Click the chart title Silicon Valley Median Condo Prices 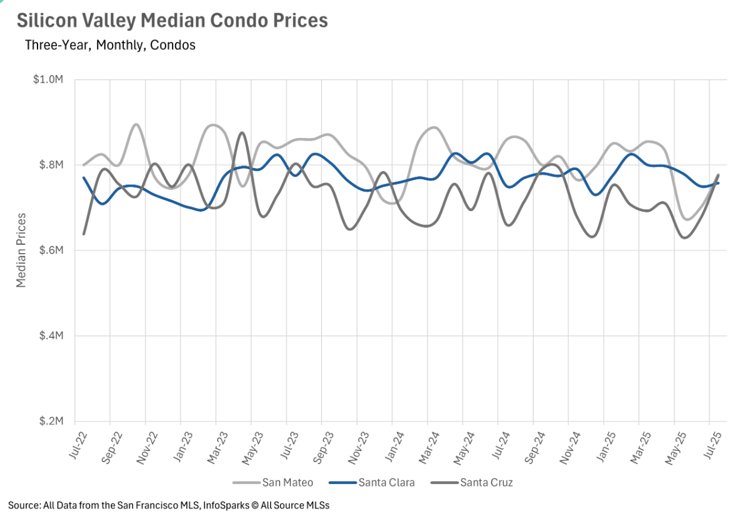[x=172, y=20]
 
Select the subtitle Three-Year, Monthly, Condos [x=110, y=45]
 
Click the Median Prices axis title [x=21, y=251]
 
